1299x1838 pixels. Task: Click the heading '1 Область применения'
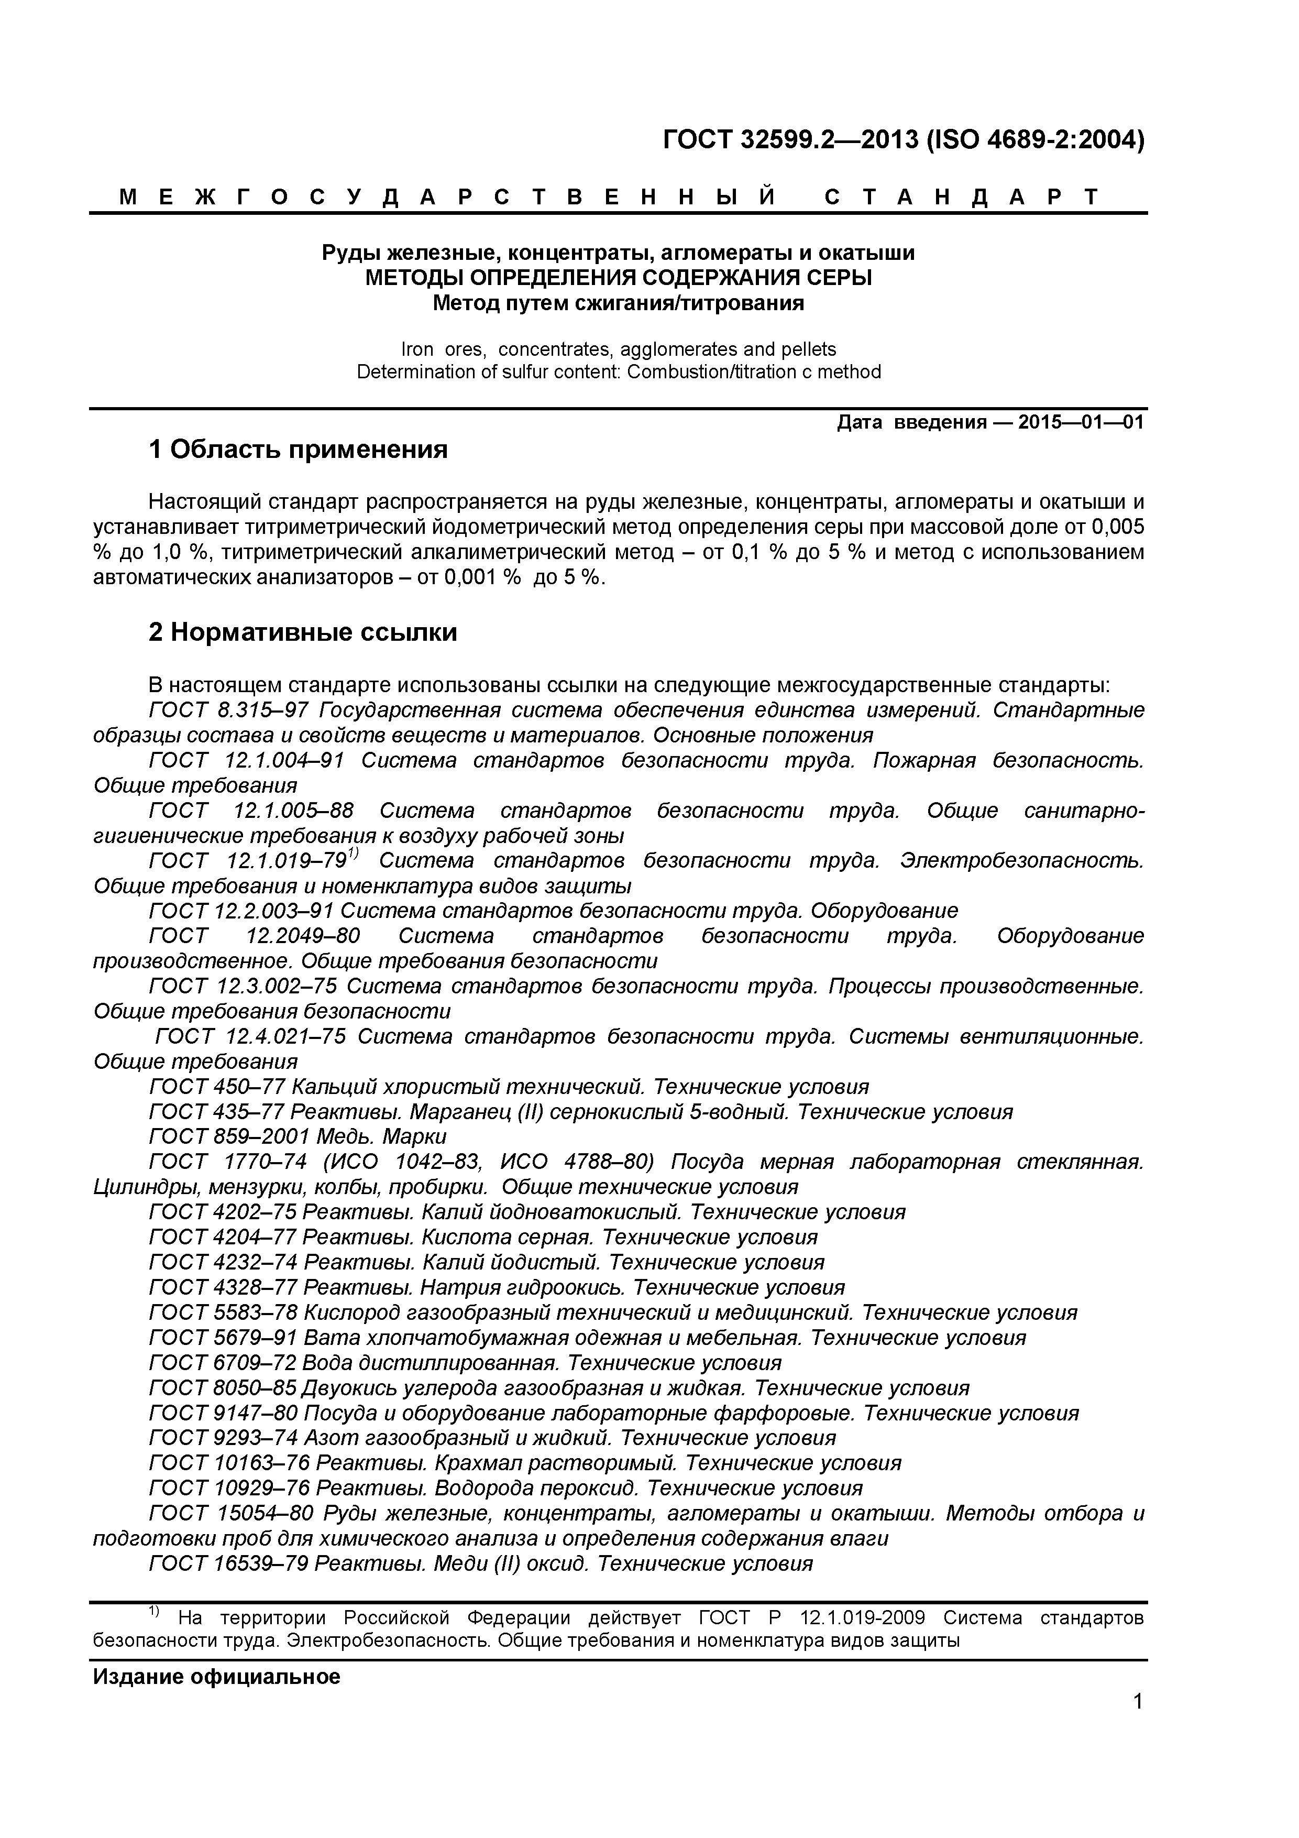pyautogui.click(x=298, y=450)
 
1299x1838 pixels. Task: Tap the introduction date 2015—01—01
pyautogui.click(x=1081, y=422)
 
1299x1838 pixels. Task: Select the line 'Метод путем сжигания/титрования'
pyautogui.click(x=618, y=303)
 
